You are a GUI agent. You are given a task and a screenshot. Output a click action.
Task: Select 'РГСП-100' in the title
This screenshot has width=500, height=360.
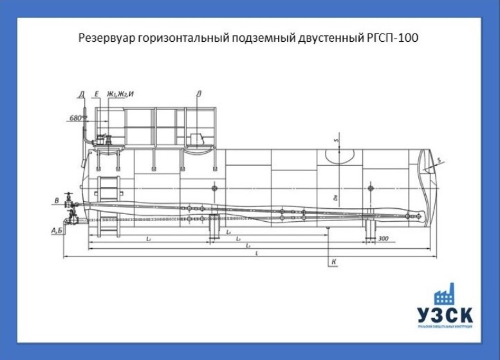[x=394, y=39]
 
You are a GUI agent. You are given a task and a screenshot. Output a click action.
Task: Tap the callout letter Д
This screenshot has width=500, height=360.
[x=82, y=94]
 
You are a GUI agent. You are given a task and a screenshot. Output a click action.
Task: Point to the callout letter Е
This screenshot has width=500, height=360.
[x=96, y=94]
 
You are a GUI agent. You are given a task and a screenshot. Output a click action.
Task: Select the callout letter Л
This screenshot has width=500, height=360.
[x=200, y=94]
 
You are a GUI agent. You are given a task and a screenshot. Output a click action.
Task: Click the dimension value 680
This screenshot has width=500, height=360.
[x=75, y=118]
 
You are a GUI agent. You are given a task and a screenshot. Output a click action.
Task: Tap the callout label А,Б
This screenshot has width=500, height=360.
[x=56, y=229]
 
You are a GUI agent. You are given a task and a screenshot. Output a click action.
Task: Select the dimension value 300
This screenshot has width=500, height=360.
[x=384, y=239]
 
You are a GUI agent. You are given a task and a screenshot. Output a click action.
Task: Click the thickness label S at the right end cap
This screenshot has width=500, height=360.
[x=439, y=160]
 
